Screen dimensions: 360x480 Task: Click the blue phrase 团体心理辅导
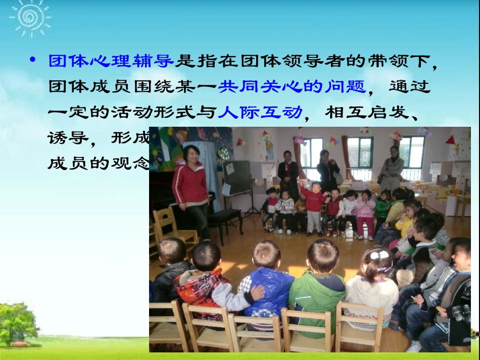[x=111, y=62]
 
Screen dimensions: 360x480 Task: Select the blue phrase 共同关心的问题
[x=292, y=87]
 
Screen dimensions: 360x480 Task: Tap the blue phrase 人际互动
[x=260, y=112]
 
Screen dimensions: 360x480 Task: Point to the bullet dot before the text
[x=33, y=61]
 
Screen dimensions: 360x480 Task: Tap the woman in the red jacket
[x=191, y=187]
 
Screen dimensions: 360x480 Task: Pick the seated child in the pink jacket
[x=365, y=210]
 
